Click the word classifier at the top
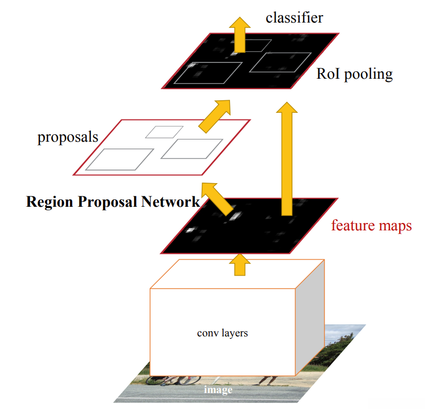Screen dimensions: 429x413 (295, 18)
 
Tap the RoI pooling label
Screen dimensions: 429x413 (354, 74)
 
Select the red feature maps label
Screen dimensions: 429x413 (371, 226)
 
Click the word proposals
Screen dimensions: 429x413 (68, 137)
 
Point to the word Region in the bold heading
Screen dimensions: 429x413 (49, 202)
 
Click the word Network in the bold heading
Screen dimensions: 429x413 (171, 202)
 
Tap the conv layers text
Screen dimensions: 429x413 (223, 333)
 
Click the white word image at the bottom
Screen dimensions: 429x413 (218, 389)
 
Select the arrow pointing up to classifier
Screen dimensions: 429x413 (239, 35)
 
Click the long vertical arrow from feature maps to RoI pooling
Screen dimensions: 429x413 (287, 158)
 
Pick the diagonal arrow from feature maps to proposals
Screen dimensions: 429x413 (217, 199)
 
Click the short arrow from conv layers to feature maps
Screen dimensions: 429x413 (239, 265)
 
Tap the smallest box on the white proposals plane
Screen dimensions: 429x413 (164, 132)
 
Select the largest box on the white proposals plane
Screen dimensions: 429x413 (120, 160)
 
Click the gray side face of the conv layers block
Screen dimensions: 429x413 (310, 317)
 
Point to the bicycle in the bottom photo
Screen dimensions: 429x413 (173, 380)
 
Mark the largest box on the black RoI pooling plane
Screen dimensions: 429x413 (208, 73)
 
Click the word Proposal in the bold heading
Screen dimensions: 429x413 (107, 202)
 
